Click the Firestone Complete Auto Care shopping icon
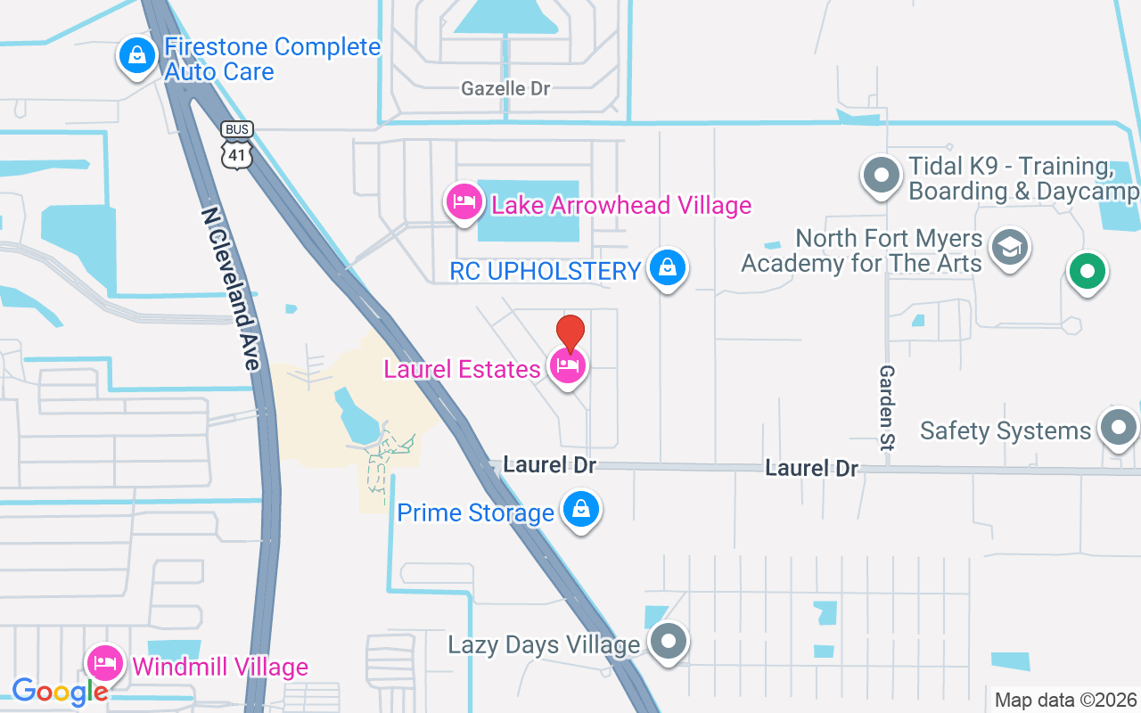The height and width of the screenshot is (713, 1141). pyautogui.click(x=137, y=56)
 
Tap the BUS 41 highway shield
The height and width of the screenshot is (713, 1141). pyautogui.click(x=237, y=143)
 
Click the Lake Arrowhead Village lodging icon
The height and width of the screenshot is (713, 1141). pyautogui.click(x=464, y=201)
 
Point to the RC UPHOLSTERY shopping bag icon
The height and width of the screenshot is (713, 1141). pyautogui.click(x=667, y=266)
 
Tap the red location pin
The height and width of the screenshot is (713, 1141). pyautogui.click(x=570, y=333)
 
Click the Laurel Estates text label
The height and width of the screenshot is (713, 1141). pyautogui.click(x=462, y=369)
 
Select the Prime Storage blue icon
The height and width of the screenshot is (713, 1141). pyautogui.click(x=581, y=510)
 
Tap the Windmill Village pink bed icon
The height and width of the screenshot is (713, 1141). pyautogui.click(x=105, y=663)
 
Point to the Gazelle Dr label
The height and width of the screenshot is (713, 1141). pyautogui.click(x=505, y=88)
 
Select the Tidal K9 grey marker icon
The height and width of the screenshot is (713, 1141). pyautogui.click(x=882, y=175)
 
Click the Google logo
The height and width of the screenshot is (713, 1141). pyautogui.click(x=60, y=691)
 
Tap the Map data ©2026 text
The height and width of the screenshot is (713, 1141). pyautogui.click(x=1065, y=700)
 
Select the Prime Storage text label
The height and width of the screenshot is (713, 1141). pyautogui.click(x=475, y=513)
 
